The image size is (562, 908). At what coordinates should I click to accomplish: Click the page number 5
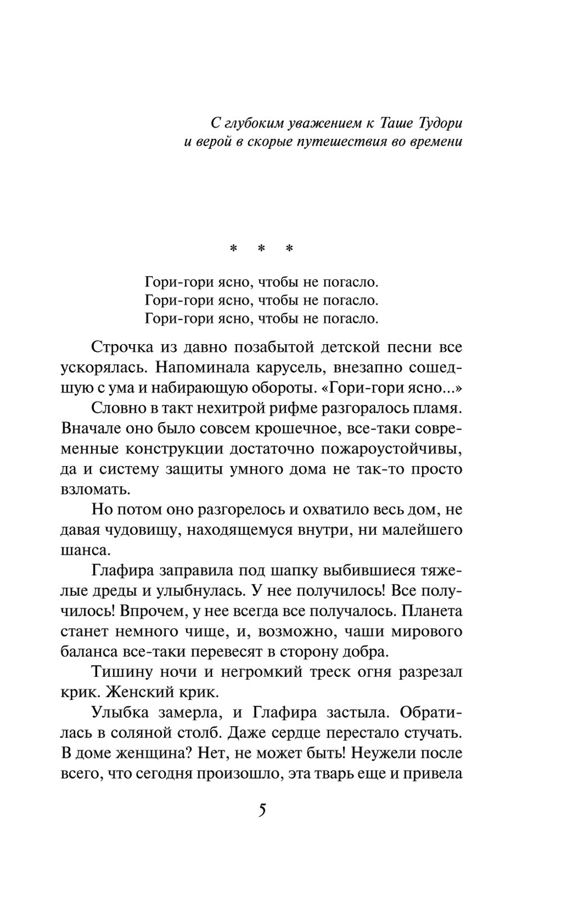(x=262, y=812)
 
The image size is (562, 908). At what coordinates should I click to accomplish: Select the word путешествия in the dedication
(x=333, y=141)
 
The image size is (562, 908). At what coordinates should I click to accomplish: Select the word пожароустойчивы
(x=392, y=449)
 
